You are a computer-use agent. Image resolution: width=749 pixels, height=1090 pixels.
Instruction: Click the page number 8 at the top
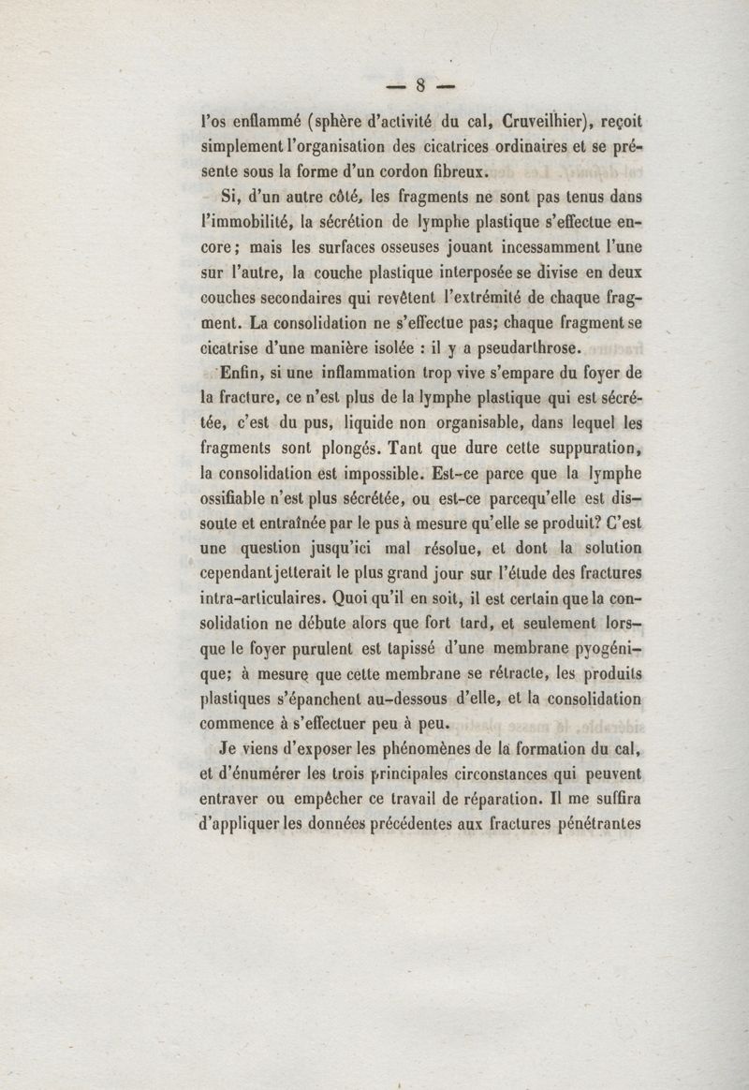[x=421, y=87]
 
